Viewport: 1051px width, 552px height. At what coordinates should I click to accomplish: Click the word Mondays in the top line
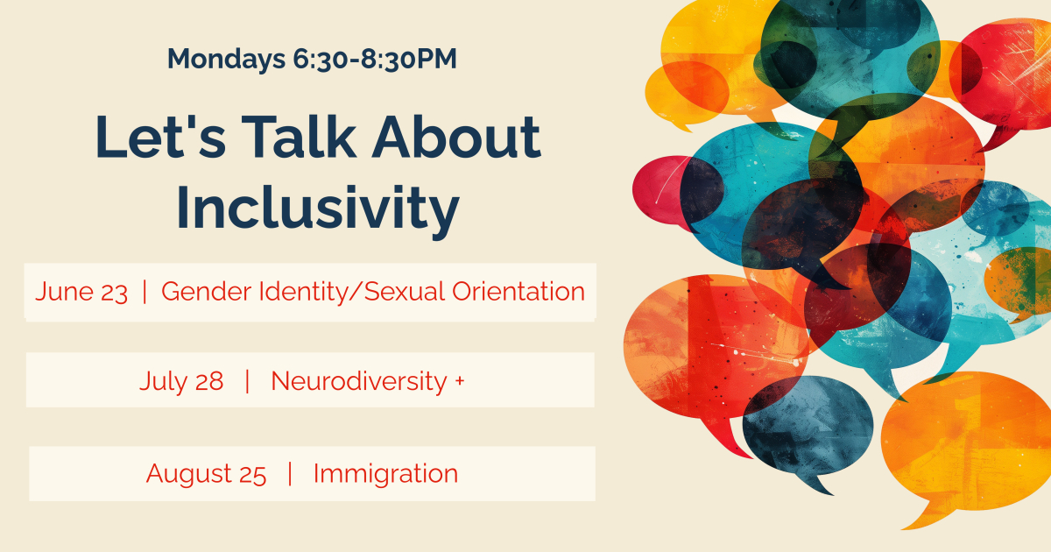click(227, 60)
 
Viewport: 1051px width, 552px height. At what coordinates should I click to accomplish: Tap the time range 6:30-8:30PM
click(375, 60)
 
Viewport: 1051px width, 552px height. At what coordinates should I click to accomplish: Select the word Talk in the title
click(299, 136)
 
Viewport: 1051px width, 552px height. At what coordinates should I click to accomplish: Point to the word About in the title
click(456, 137)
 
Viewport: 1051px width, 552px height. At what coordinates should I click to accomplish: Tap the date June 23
click(81, 292)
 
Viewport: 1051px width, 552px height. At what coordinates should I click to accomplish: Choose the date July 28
click(181, 381)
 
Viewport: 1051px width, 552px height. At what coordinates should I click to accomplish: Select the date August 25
click(206, 474)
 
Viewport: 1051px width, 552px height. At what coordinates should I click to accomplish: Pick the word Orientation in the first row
click(518, 292)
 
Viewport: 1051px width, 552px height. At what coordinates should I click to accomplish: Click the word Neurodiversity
click(359, 381)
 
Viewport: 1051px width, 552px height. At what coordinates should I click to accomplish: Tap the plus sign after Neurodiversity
click(460, 380)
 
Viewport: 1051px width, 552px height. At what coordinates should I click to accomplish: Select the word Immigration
click(385, 474)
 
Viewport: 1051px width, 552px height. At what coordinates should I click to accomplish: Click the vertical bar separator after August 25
click(290, 474)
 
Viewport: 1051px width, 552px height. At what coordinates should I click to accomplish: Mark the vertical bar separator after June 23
click(145, 292)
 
